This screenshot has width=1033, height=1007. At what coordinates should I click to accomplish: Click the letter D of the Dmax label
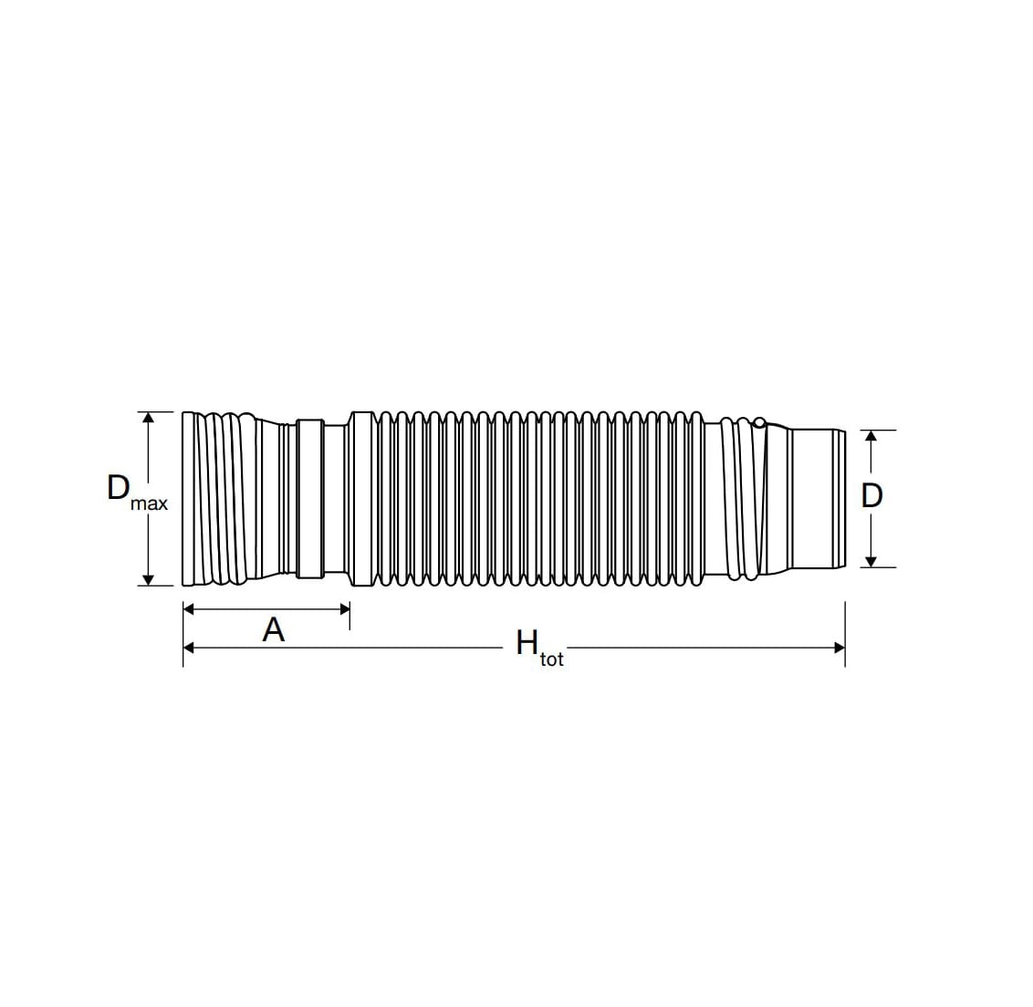coord(118,488)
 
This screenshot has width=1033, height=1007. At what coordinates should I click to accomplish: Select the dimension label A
coord(274,629)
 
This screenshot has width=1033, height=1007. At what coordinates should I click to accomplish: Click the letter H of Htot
coord(527,643)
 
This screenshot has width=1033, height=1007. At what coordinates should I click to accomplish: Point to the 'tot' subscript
coord(552,659)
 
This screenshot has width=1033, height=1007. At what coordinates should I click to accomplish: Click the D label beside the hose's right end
coord(871,495)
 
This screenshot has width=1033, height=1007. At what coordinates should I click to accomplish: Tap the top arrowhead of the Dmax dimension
coord(148,418)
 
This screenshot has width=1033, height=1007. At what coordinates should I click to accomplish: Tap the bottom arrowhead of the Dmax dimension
coord(148,579)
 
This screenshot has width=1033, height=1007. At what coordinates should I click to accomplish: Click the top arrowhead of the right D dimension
coord(871,436)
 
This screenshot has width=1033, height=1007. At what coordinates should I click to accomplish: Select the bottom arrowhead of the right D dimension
coord(871,561)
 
